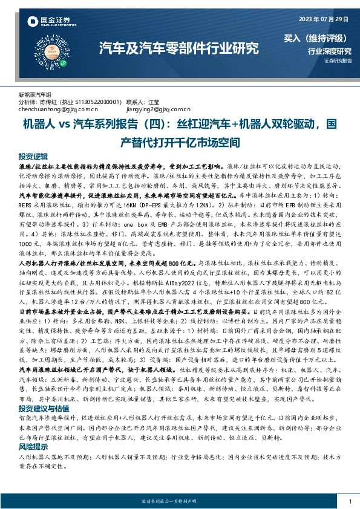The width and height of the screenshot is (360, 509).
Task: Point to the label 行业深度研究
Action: click(329, 51)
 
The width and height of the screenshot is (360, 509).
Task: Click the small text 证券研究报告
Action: click(338, 61)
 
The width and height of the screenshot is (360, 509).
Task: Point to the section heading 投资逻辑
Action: click(33, 155)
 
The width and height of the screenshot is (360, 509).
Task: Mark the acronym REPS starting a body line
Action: click(27, 204)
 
